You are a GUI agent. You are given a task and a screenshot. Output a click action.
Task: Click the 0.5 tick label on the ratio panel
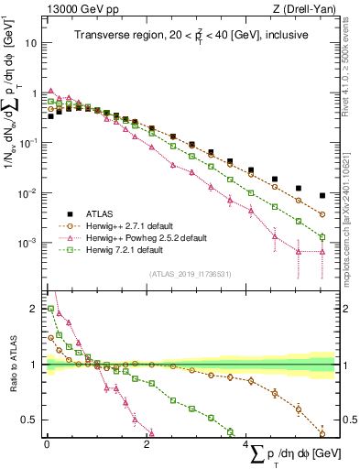[x=28, y=420]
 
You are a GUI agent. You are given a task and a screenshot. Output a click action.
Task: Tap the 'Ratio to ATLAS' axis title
[x=11, y=365]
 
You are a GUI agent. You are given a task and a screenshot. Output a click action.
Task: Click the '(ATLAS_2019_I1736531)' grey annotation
[x=191, y=273]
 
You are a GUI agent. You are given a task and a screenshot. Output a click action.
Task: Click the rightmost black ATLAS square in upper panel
[x=322, y=195]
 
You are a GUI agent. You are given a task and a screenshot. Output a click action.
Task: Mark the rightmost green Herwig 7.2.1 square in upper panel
[x=322, y=237]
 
